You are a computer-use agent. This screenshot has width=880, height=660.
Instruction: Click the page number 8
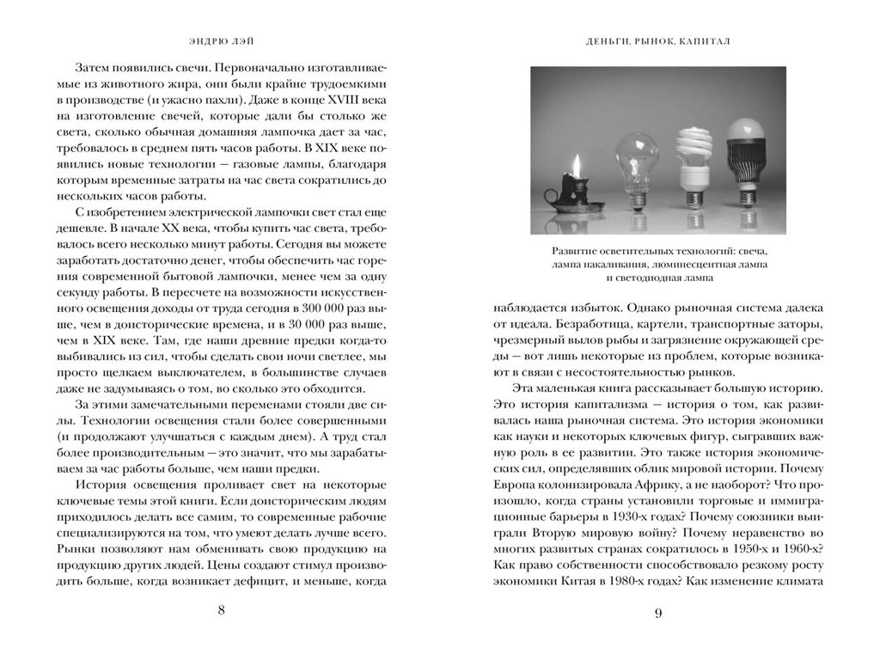click(222, 610)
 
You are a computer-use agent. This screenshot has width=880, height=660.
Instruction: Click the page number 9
click(657, 613)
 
